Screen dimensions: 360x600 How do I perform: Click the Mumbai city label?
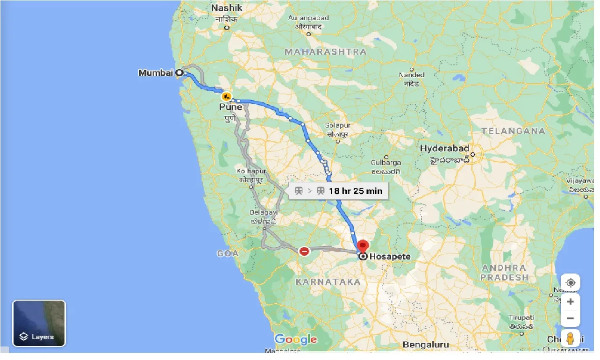[x=156, y=73]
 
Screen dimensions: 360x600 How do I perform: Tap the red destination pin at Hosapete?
[x=363, y=246]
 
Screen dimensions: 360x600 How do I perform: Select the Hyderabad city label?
[x=444, y=149]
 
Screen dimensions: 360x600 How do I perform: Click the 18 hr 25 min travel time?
[x=355, y=191]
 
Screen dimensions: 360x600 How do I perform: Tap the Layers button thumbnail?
[x=39, y=323]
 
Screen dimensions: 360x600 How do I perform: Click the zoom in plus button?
[x=570, y=302]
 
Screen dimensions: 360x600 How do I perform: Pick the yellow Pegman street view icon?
[x=570, y=338]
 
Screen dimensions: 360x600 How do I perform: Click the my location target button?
[x=570, y=283]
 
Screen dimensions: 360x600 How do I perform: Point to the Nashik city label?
[x=227, y=8]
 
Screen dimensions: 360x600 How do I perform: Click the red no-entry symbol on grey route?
[x=304, y=252]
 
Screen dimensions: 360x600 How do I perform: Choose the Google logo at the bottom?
[x=296, y=339]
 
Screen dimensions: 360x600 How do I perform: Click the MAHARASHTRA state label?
[x=326, y=52]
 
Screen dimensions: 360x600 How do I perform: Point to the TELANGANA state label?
[x=513, y=131]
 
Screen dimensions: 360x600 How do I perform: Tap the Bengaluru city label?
[x=426, y=345]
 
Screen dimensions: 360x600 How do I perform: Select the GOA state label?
[x=228, y=253]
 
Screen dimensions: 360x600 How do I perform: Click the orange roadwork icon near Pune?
[x=227, y=97]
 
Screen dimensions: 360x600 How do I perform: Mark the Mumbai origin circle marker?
[x=179, y=72]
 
